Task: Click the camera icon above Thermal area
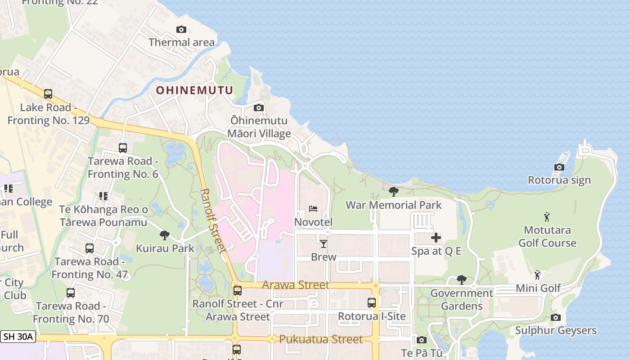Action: point(181,30)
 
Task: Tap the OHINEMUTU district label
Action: point(194,90)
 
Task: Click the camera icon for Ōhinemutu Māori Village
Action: point(259,108)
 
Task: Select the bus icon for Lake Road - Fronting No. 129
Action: point(48,94)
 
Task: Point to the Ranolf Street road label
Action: point(211,220)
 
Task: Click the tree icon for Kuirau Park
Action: point(165,235)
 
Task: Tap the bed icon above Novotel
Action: point(313,209)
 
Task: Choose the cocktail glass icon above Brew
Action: point(323,244)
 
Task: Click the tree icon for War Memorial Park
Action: point(394,192)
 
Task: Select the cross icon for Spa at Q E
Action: point(436,238)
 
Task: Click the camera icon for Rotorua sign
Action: point(559,167)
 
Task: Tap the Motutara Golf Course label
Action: point(547,237)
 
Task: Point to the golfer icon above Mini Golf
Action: point(537,274)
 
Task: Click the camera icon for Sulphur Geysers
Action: point(556,318)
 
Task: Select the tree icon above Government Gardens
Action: point(461,280)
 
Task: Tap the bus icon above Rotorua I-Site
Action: point(372,303)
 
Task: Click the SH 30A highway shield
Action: point(18,337)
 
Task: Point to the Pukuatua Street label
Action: point(321,339)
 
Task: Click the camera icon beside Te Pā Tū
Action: point(422,340)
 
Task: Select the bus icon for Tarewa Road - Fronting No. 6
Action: point(123,148)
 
